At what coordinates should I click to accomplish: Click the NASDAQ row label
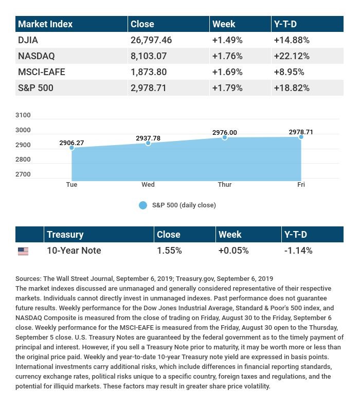tap(36, 56)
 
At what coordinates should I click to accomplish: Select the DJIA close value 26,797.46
tap(151, 40)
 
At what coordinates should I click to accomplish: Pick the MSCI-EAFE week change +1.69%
tap(227, 72)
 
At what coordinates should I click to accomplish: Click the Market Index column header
tap(45, 24)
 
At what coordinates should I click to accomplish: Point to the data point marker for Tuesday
tap(72, 148)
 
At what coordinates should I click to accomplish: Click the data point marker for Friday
tap(301, 137)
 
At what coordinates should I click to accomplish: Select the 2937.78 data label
tap(148, 138)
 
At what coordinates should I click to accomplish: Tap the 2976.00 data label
tap(225, 133)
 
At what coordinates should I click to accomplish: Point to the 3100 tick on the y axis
tap(23, 115)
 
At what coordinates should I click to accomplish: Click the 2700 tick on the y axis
tap(23, 174)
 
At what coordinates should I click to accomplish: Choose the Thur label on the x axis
tap(225, 185)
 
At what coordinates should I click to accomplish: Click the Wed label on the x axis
tap(148, 185)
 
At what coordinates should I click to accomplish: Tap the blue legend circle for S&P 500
tap(143, 205)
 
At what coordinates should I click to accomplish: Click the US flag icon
tap(23, 251)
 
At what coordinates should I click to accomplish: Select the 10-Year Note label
tap(74, 251)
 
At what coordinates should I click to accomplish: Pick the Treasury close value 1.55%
tap(169, 251)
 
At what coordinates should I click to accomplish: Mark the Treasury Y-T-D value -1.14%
tap(298, 251)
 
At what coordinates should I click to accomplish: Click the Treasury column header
tap(65, 234)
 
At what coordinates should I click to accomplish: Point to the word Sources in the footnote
tap(28, 278)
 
